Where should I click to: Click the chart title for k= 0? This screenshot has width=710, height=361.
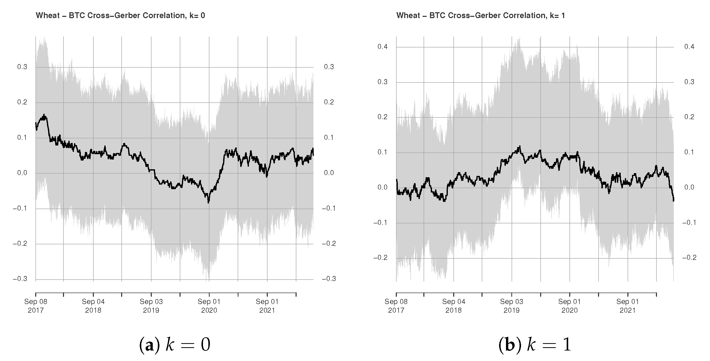coord(120,16)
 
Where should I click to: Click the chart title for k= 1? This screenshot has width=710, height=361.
coord(480,16)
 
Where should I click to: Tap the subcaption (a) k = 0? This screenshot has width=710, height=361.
coord(175,345)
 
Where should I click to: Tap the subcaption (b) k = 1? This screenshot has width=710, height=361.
coord(535,345)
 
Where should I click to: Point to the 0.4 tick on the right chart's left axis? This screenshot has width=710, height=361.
coord(382,47)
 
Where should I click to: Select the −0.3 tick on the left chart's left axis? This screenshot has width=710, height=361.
coord(20,279)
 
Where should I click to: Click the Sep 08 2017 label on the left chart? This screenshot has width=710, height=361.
coord(36,306)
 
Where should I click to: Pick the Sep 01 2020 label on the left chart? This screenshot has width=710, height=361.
coord(209,306)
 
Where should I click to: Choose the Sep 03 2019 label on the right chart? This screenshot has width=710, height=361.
coord(512,306)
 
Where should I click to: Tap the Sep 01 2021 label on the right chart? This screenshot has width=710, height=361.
coord(628,306)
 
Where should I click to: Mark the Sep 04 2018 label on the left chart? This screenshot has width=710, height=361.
coord(93,306)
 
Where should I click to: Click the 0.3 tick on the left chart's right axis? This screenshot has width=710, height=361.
coord(328,67)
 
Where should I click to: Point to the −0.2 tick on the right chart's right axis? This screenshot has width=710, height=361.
coord(689,258)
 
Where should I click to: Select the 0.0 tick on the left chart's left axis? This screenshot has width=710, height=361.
coord(22,173)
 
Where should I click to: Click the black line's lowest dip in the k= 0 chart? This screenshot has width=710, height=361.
coord(208,202)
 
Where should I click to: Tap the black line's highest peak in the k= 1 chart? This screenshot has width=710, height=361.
coord(520,146)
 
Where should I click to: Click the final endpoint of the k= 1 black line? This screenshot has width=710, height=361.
coord(674,201)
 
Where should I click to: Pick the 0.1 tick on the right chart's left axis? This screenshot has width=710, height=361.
coord(382,152)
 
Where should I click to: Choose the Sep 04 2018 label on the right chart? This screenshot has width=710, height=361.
coord(454,306)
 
